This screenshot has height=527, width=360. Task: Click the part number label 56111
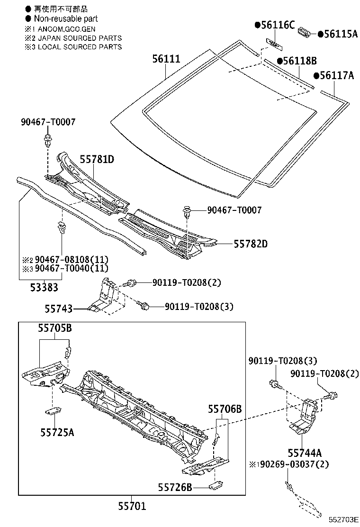tap(166, 59)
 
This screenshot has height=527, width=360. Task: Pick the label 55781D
tap(97, 159)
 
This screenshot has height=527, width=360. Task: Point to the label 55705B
tap(55, 328)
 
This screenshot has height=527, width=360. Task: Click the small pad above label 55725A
tap(54, 410)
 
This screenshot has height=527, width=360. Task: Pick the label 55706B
tap(225, 409)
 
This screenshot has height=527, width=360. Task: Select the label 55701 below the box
tap(132, 507)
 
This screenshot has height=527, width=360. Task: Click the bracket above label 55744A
tap(305, 417)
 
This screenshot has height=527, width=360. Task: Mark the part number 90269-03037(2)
tap(292, 463)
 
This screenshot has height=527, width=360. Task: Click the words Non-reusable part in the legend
tap(66, 18)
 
